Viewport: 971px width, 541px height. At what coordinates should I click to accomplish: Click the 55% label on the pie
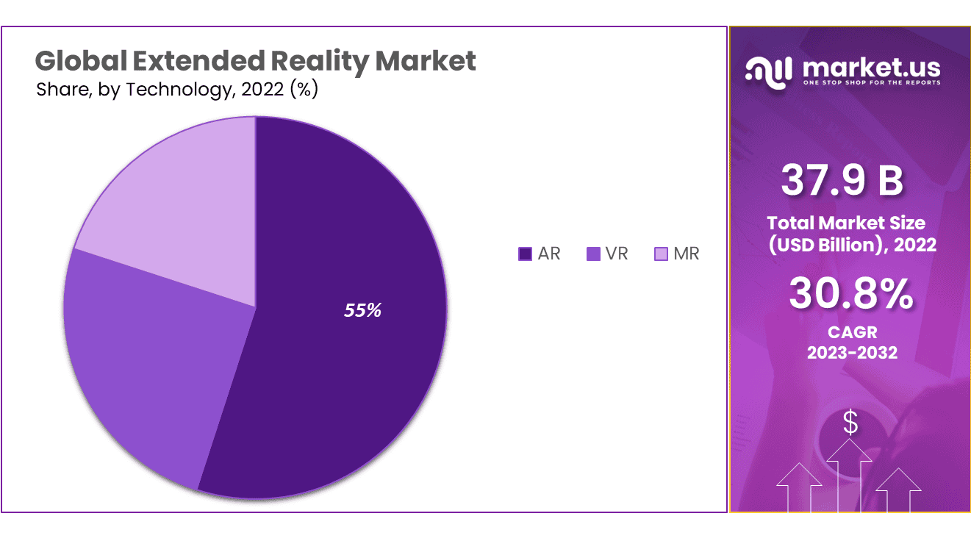(x=363, y=310)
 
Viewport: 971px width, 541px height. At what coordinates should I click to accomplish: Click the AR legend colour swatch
(x=525, y=254)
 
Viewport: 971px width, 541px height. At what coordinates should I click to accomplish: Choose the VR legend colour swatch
(x=593, y=254)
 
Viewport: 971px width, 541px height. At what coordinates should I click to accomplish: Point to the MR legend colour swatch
(x=661, y=254)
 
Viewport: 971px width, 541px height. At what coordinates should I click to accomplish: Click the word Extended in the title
(x=198, y=61)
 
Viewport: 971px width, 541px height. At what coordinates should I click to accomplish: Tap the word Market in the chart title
(x=434, y=61)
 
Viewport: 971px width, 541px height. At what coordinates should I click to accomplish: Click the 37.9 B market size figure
(x=842, y=180)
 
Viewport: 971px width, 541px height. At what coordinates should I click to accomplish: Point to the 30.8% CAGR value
(x=851, y=294)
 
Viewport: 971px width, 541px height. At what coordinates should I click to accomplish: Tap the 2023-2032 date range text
(x=852, y=353)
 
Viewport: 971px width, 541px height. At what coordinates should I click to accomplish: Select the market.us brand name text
(x=872, y=67)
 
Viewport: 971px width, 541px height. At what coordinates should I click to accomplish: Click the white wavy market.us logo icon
(x=769, y=71)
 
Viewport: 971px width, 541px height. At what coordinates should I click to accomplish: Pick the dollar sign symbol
(x=850, y=423)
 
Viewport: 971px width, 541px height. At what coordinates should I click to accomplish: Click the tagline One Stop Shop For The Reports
(x=871, y=83)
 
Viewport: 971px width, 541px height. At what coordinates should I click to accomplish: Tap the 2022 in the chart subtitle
(x=263, y=90)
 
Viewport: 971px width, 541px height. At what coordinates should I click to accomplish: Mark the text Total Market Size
(x=846, y=223)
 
